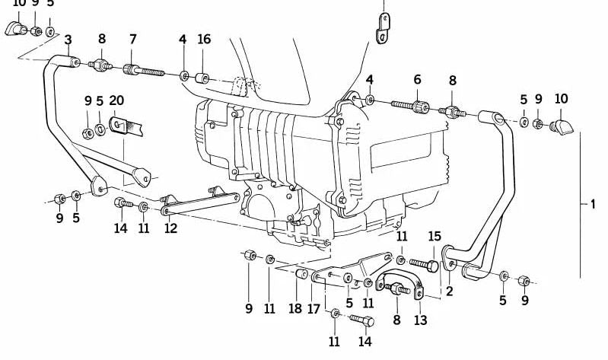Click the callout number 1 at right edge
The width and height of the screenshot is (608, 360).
click(x=593, y=204)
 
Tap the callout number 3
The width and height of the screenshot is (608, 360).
click(x=68, y=40)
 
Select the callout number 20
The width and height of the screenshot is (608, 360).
click(x=116, y=100)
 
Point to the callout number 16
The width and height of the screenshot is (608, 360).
click(x=204, y=40)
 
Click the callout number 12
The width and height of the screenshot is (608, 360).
click(x=170, y=228)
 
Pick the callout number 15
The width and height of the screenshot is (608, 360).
click(x=435, y=236)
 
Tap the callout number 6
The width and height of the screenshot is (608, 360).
click(x=417, y=80)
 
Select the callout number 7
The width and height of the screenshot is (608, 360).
click(x=132, y=40)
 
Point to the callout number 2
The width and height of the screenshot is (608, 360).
click(x=450, y=290)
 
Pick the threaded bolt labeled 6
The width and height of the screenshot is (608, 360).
click(x=411, y=107)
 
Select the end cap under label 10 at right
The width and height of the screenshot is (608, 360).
click(x=562, y=125)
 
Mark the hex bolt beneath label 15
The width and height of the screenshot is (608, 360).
click(x=425, y=264)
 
